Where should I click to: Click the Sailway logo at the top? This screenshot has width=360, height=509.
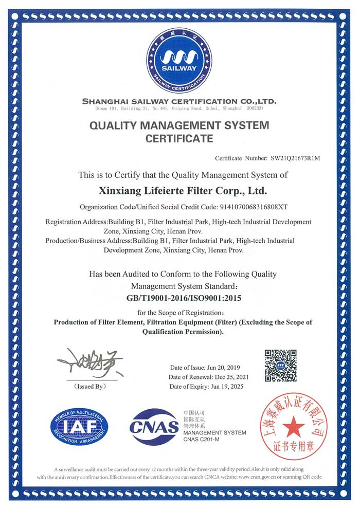coord(179,61)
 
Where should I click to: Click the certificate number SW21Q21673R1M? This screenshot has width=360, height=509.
coord(292,158)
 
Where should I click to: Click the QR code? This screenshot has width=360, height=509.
coord(280,365)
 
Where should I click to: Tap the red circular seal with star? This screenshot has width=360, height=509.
coord(294,426)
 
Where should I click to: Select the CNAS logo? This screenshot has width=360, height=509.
coord(154,427)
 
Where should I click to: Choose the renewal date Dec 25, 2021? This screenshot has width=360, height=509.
coord(229,377)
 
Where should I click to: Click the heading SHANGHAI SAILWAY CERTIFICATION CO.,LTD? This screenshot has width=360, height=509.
coord(179,101)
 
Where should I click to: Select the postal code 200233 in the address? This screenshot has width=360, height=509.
coord(254,109)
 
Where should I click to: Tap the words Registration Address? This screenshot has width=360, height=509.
coord(73,222)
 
